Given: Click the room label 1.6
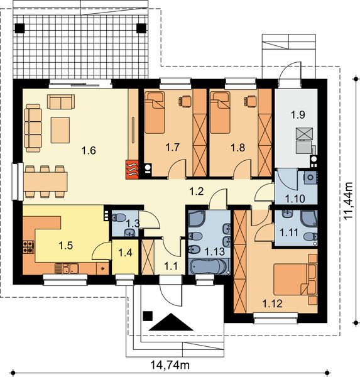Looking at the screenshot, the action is pos(89,151).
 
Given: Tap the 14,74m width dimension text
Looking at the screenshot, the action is pos(170,365).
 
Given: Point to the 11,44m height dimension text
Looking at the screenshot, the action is pos(348,200).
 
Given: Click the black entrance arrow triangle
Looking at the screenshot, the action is pos(171,322).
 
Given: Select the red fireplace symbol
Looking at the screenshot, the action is pos(132,170).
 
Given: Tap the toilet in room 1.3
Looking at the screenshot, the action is pos(119,217).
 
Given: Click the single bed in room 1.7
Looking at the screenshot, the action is pos(155,112).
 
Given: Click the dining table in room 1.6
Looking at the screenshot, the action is pos(45,182).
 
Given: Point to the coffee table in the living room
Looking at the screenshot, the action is pos(60,130).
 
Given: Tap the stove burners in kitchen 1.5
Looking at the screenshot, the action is pos(29,247).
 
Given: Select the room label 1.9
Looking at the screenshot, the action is pos(298,115).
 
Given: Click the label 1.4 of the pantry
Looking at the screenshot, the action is pos(125,253).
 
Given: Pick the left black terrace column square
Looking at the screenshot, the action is pos(19,28).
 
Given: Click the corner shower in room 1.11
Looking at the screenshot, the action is pos(309,219).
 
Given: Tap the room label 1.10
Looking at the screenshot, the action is pos(295,199).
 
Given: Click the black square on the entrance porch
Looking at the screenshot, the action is pos(148,316).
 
